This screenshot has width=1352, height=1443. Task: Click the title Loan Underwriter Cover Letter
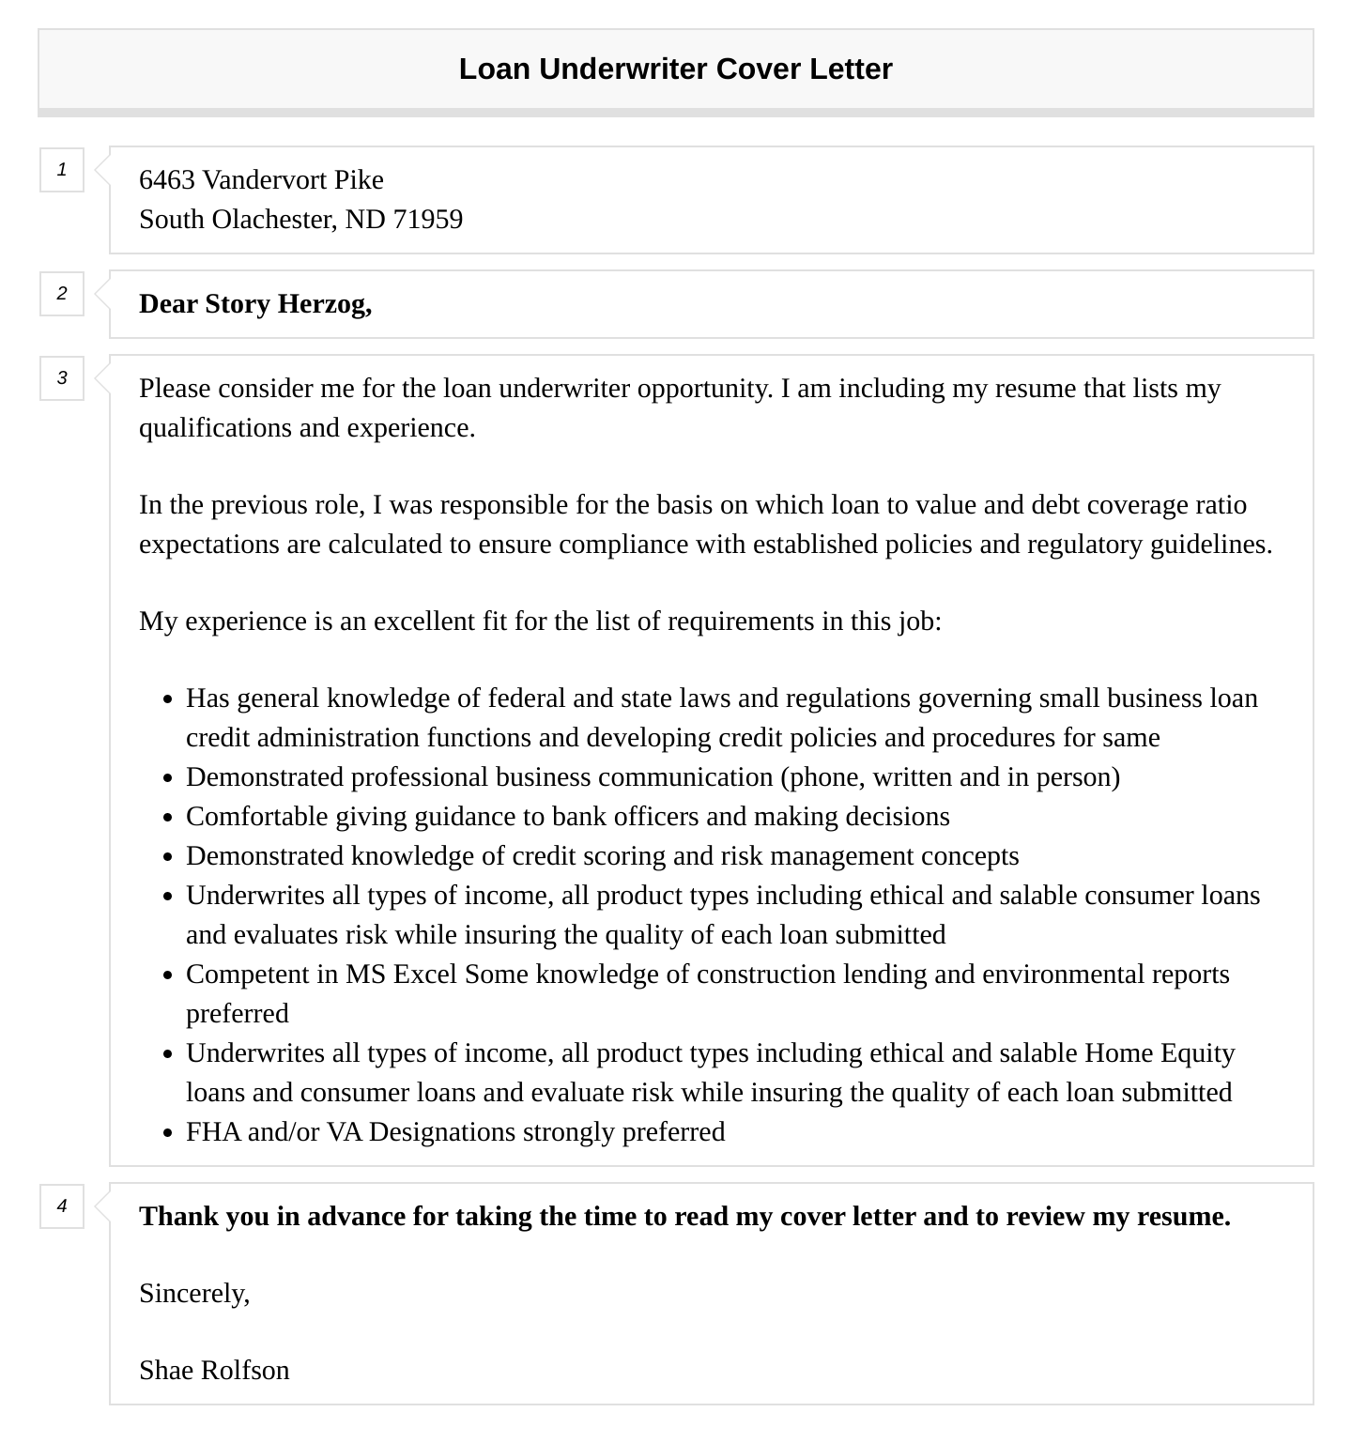(x=675, y=69)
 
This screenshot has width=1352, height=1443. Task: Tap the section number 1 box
(x=62, y=170)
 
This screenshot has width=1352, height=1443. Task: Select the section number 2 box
(x=62, y=294)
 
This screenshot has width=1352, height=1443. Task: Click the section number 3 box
(x=62, y=378)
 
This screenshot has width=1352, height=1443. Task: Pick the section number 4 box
(x=62, y=1206)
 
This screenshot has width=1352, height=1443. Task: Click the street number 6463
(x=167, y=180)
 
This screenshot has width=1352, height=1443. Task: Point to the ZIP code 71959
(x=428, y=220)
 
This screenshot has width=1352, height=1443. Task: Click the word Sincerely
(x=193, y=1294)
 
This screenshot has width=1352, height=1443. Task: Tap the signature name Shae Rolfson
(x=214, y=1371)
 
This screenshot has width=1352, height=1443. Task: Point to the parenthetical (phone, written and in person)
(x=950, y=777)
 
